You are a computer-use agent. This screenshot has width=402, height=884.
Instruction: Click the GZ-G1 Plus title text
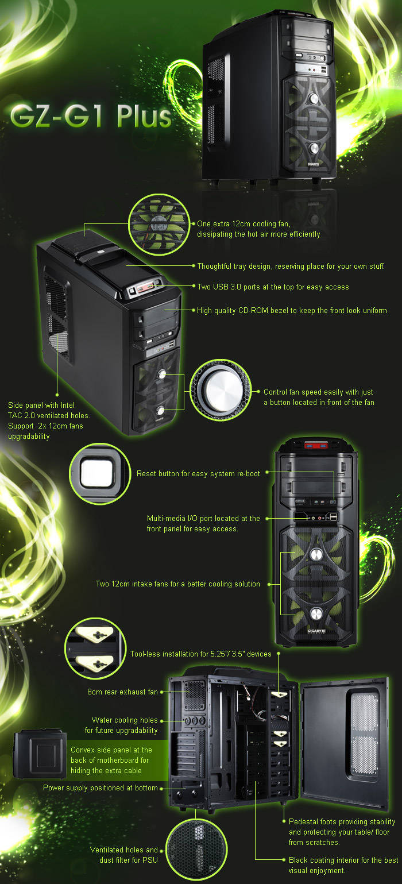pos(91,116)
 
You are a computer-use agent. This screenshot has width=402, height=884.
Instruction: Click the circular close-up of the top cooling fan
pos(159,224)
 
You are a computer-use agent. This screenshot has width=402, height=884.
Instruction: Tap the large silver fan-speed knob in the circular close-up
pos(221,390)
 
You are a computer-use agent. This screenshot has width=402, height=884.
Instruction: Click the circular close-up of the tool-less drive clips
pos(95,648)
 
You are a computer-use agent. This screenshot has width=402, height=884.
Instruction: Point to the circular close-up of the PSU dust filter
pos(196,848)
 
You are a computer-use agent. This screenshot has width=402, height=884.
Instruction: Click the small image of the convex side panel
pos(40,754)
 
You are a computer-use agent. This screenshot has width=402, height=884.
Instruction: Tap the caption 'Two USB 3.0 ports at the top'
pos(273,287)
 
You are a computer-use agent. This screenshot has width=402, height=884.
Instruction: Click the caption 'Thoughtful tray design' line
pos(291,266)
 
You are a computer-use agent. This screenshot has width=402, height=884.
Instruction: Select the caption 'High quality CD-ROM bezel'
pos(292,311)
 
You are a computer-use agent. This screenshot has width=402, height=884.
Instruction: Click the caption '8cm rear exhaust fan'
pos(122,692)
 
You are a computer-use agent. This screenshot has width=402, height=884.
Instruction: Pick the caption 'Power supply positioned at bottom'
pos(100,788)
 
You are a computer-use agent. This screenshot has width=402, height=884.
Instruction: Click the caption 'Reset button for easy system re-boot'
pos(198,473)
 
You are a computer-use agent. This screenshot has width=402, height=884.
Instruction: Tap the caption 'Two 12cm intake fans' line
pos(178,584)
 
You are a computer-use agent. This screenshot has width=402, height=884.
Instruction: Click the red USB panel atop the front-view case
pos(316,446)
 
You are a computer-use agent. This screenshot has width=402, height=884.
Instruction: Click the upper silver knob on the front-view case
pos(316,554)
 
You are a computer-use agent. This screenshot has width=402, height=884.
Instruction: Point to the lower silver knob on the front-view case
pos(316,613)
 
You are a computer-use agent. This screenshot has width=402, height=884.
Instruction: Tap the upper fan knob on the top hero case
pos(314,98)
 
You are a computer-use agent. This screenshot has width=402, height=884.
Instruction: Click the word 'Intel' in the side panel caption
pos(67,406)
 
